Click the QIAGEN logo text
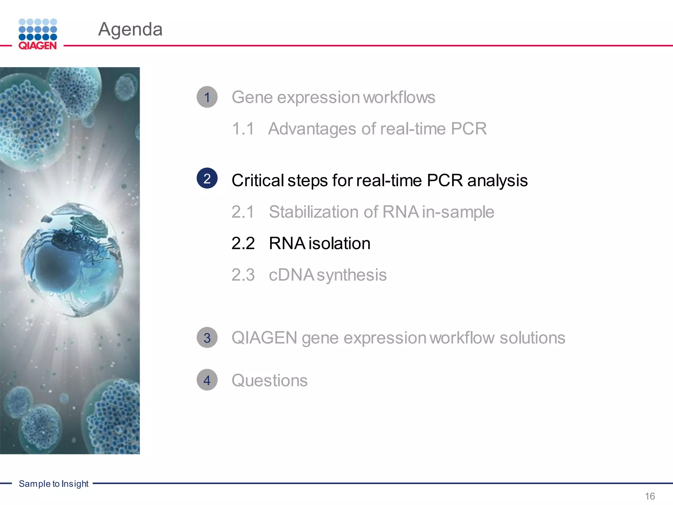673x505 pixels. tap(37, 45)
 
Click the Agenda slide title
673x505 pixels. tap(130, 29)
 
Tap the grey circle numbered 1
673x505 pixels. tap(207, 97)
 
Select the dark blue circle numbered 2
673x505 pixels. tap(207, 179)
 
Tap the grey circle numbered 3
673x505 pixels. tap(207, 338)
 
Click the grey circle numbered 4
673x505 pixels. tap(207, 380)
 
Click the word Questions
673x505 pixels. tap(269, 380)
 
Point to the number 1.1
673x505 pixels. tap(243, 129)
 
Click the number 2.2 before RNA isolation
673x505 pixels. tap(243, 243)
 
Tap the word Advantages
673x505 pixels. tap(312, 129)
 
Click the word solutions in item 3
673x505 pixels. tap(532, 338)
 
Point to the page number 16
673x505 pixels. tap(650, 496)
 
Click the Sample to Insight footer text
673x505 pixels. tap(54, 484)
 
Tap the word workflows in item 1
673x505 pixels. tap(399, 97)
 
